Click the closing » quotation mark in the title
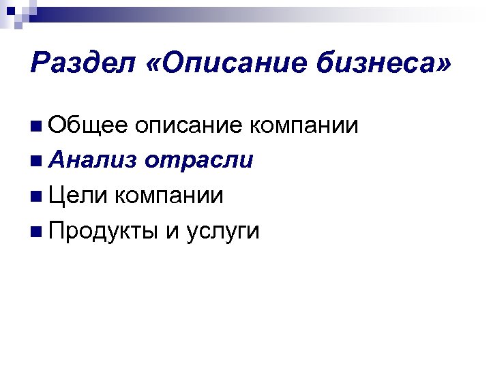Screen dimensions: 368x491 [443, 66]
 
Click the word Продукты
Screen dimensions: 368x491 [102, 232]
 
